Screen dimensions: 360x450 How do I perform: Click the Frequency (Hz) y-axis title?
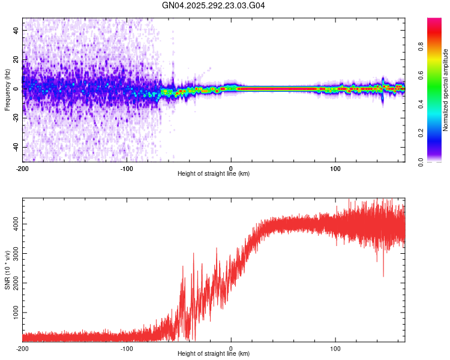[7, 89]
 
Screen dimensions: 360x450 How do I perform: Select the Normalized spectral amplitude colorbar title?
[446, 90]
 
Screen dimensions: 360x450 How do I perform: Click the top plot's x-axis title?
[214, 174]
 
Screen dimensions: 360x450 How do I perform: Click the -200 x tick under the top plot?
[23, 167]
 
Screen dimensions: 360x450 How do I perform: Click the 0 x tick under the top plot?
[232, 167]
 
